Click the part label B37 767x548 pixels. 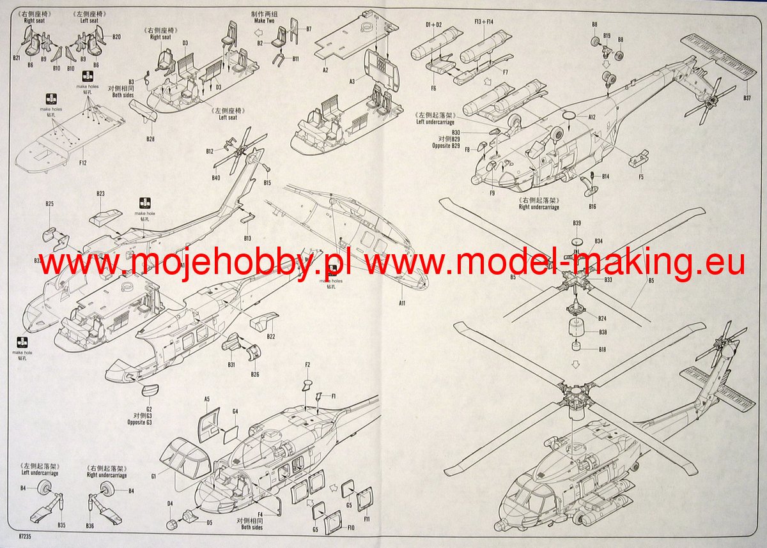click(747, 98)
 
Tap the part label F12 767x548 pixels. click(82, 163)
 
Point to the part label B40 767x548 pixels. click(215, 178)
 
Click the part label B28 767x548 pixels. click(150, 139)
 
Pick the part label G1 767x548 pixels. click(154, 476)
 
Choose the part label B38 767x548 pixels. click(603, 332)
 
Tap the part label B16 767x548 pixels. click(593, 206)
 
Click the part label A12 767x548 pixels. click(591, 118)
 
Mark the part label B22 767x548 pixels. click(270, 337)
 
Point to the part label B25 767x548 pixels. click(49, 204)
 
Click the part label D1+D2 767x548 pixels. click(434, 24)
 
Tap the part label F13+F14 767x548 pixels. click(484, 22)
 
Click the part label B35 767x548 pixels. click(61, 525)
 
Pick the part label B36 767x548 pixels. click(90, 525)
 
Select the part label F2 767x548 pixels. click(307, 365)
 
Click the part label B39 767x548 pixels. click(577, 223)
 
